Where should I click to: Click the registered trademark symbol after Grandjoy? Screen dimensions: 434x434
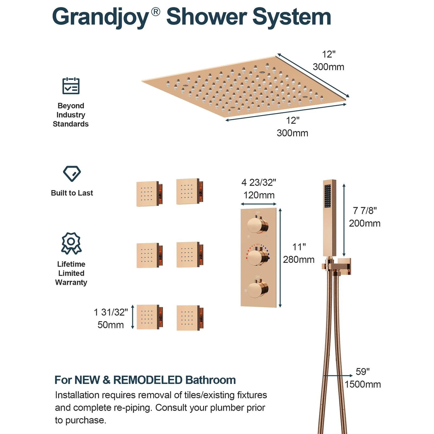point(156,11)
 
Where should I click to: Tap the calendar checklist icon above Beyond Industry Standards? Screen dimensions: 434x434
point(71,86)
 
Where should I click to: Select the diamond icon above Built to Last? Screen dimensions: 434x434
point(72,174)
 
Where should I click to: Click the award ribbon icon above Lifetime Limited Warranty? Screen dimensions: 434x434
point(71,243)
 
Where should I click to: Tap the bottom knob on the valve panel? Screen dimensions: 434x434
point(258,289)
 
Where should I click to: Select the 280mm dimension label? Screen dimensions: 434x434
point(299,260)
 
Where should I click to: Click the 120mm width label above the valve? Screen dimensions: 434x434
point(259,195)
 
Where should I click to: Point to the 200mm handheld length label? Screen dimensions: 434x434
point(365,223)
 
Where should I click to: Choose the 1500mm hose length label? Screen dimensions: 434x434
point(363,384)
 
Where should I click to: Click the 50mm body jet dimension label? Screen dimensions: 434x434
point(111,325)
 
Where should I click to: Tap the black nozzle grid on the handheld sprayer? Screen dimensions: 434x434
point(327,196)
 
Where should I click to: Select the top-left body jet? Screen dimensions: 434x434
point(149,194)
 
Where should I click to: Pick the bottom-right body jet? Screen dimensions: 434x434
point(190,318)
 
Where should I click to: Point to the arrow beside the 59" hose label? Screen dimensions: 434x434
point(338,376)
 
